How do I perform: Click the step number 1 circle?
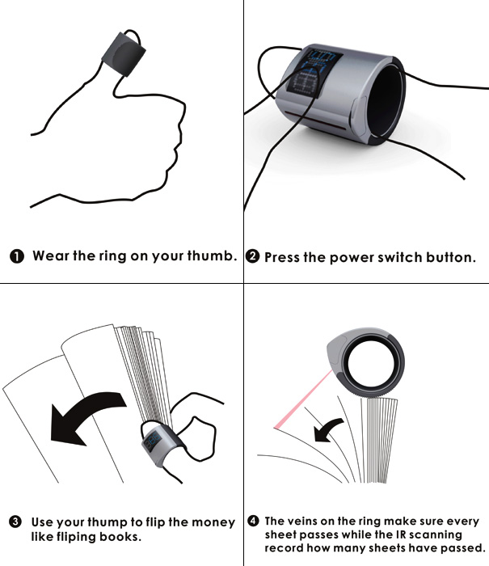pyautogui.click(x=17, y=256)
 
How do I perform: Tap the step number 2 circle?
pyautogui.click(x=252, y=256)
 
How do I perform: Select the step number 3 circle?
pyautogui.click(x=15, y=522)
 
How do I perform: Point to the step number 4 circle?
pyautogui.click(x=253, y=521)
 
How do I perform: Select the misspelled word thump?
pyautogui.click(x=107, y=522)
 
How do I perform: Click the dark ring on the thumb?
pyautogui.click(x=124, y=54)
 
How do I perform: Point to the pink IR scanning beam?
pyautogui.click(x=303, y=399)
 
